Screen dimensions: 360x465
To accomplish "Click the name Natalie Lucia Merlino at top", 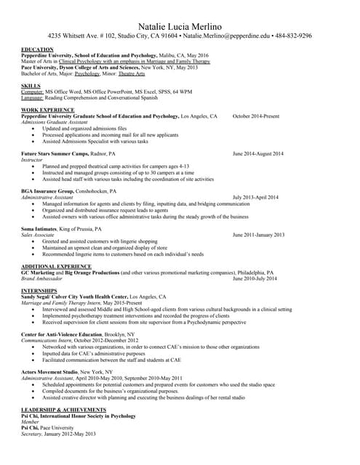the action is point(180,23).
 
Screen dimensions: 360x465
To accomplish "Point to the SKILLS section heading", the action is point(31,86).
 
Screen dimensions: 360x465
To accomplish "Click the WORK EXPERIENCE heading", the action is point(47,110).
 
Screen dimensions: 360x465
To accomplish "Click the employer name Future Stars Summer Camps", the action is point(55,154).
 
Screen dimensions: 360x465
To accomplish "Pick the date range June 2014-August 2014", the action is point(258,154).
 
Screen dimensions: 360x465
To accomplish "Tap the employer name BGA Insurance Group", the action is point(48,191).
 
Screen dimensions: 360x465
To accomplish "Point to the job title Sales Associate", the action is point(38,235).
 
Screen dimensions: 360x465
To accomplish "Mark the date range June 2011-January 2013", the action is point(259,235).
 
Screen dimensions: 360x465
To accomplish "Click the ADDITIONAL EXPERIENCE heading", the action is point(56,267).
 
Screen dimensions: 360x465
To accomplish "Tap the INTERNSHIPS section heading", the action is point(39,291).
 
